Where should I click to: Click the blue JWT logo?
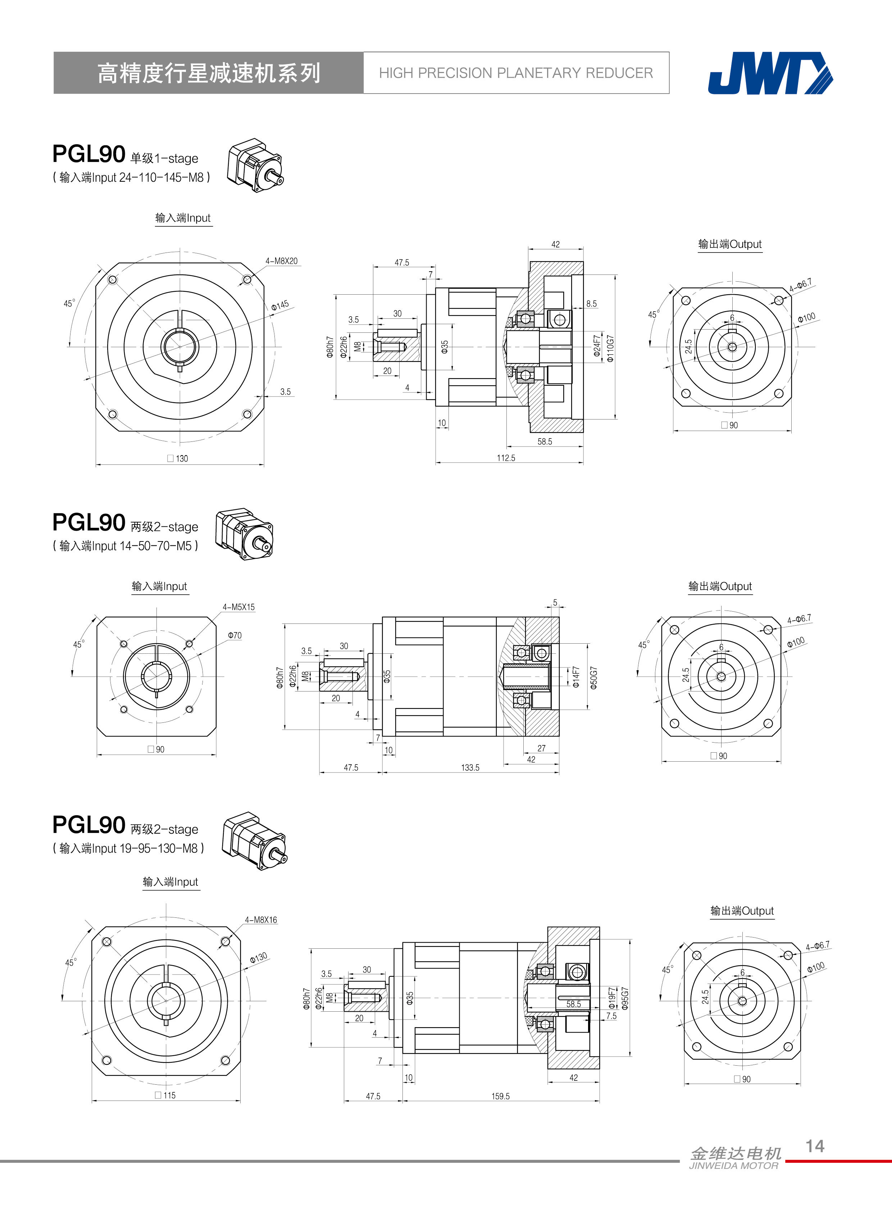click(770, 73)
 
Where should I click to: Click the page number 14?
click(815, 1146)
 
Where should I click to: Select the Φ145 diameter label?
click(280, 305)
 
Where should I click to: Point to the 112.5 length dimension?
click(506, 458)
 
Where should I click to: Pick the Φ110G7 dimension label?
click(610, 348)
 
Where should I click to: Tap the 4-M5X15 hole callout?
click(239, 607)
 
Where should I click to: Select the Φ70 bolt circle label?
click(235, 635)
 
